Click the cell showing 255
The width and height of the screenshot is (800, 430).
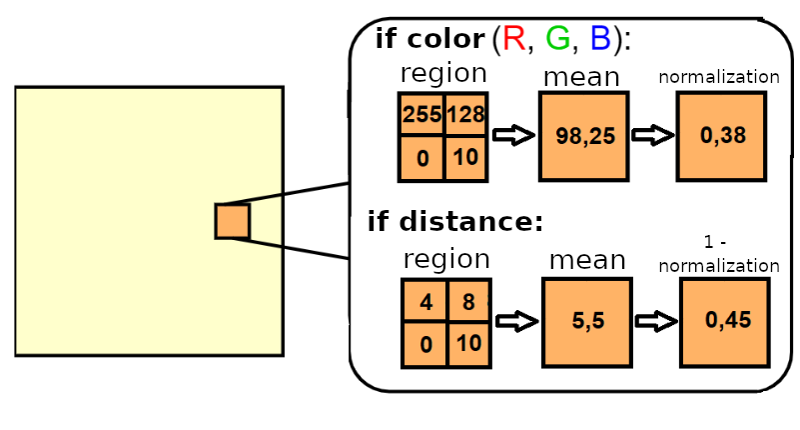tap(420, 115)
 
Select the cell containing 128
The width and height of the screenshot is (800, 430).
tap(465, 115)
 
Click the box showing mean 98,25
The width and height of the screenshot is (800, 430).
tap(583, 136)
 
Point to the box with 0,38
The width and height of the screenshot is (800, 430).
tap(721, 136)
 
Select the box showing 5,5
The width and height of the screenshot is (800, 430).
tap(586, 322)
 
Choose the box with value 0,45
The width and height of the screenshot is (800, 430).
tap(724, 322)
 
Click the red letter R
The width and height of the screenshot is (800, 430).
tap(514, 39)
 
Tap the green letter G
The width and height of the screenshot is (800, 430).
tap(557, 39)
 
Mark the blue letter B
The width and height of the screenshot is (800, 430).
tap(600, 39)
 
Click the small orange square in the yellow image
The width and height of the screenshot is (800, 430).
tap(232, 220)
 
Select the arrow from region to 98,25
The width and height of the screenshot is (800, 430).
tap(514, 136)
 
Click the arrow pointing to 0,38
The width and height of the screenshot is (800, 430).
tap(652, 136)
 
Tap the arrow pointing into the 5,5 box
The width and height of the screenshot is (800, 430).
tap(517, 321)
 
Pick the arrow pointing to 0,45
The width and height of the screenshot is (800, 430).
tap(655, 321)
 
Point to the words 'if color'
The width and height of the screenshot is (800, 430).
tap(429, 39)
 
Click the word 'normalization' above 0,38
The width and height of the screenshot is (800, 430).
tap(719, 77)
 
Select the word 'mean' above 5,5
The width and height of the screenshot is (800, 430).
tap(587, 261)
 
